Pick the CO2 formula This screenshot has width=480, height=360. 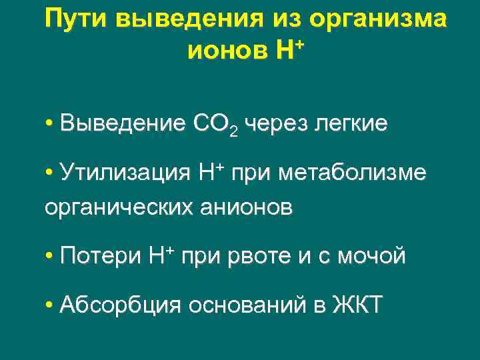pyautogui.click(x=214, y=125)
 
